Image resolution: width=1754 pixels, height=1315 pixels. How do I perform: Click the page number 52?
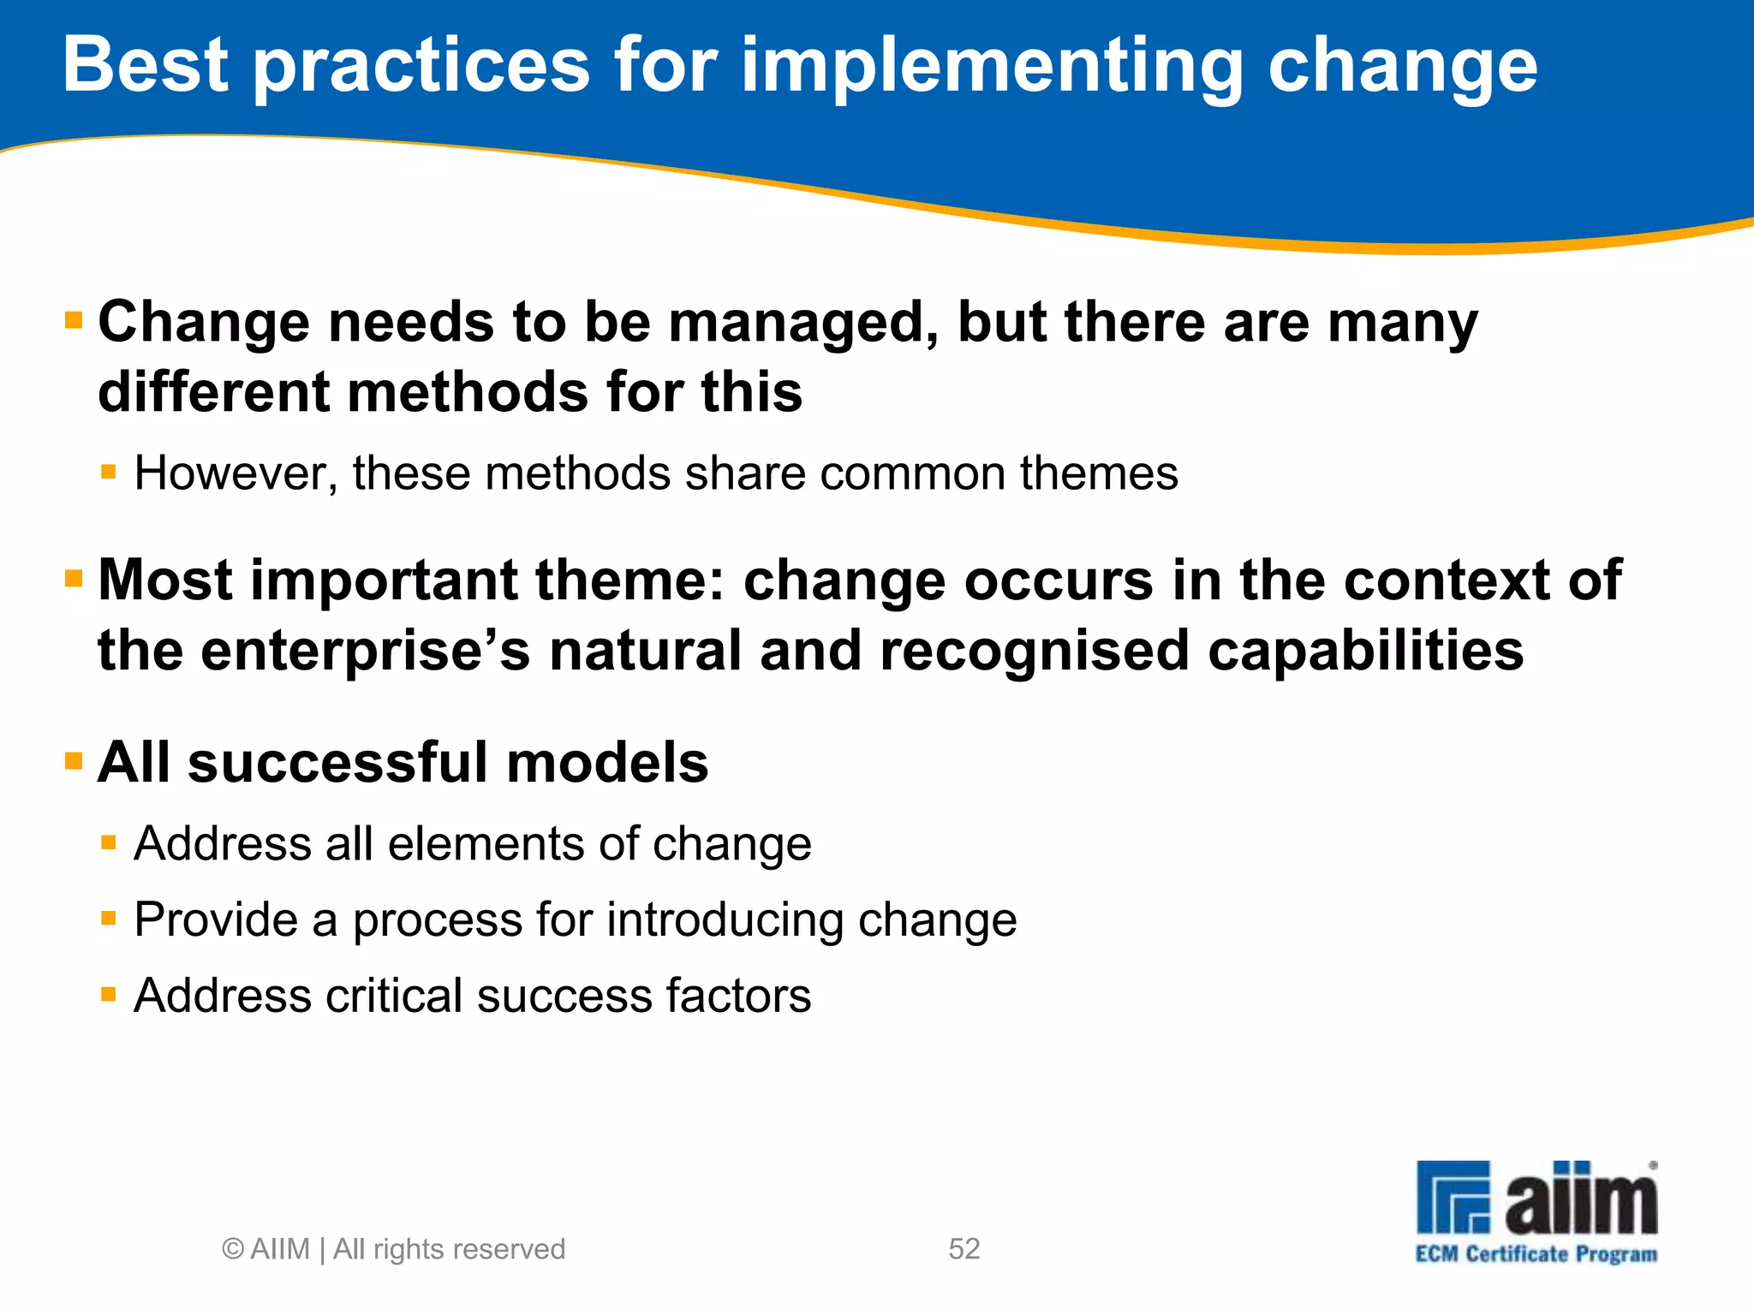(x=964, y=1249)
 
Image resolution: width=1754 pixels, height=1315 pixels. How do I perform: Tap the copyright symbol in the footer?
(x=232, y=1249)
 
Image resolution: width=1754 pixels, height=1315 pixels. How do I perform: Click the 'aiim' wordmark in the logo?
(x=1581, y=1199)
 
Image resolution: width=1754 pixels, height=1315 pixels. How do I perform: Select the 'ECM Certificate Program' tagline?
(x=1536, y=1254)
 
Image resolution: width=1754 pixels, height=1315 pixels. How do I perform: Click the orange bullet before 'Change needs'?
(x=74, y=322)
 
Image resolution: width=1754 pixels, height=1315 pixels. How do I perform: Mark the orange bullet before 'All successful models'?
(x=74, y=761)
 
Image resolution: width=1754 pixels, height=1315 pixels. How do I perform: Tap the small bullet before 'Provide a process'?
(x=108, y=919)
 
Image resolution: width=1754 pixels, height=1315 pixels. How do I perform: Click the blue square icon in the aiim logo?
(x=1453, y=1197)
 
